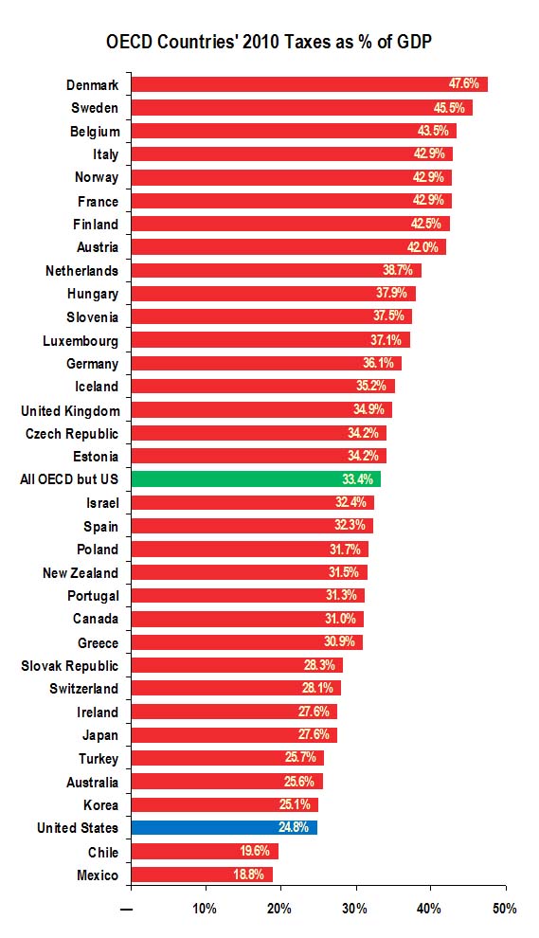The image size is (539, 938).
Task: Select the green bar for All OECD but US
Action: [x=256, y=479]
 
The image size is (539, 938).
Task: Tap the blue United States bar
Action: [x=224, y=828]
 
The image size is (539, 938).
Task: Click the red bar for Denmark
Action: [x=309, y=84]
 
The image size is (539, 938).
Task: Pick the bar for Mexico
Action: [x=202, y=875]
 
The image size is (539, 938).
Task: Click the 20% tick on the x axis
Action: [x=279, y=909]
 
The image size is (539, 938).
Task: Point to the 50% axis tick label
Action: [x=505, y=909]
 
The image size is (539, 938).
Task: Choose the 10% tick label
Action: [x=205, y=909]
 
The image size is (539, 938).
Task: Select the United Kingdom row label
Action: [x=70, y=410]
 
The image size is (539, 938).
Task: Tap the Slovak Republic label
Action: [x=70, y=666]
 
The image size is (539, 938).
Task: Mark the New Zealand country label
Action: [x=81, y=572]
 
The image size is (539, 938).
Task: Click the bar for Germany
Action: [x=265, y=364]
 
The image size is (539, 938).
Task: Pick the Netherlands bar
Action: [x=276, y=271]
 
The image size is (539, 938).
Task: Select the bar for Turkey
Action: [x=227, y=758]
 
